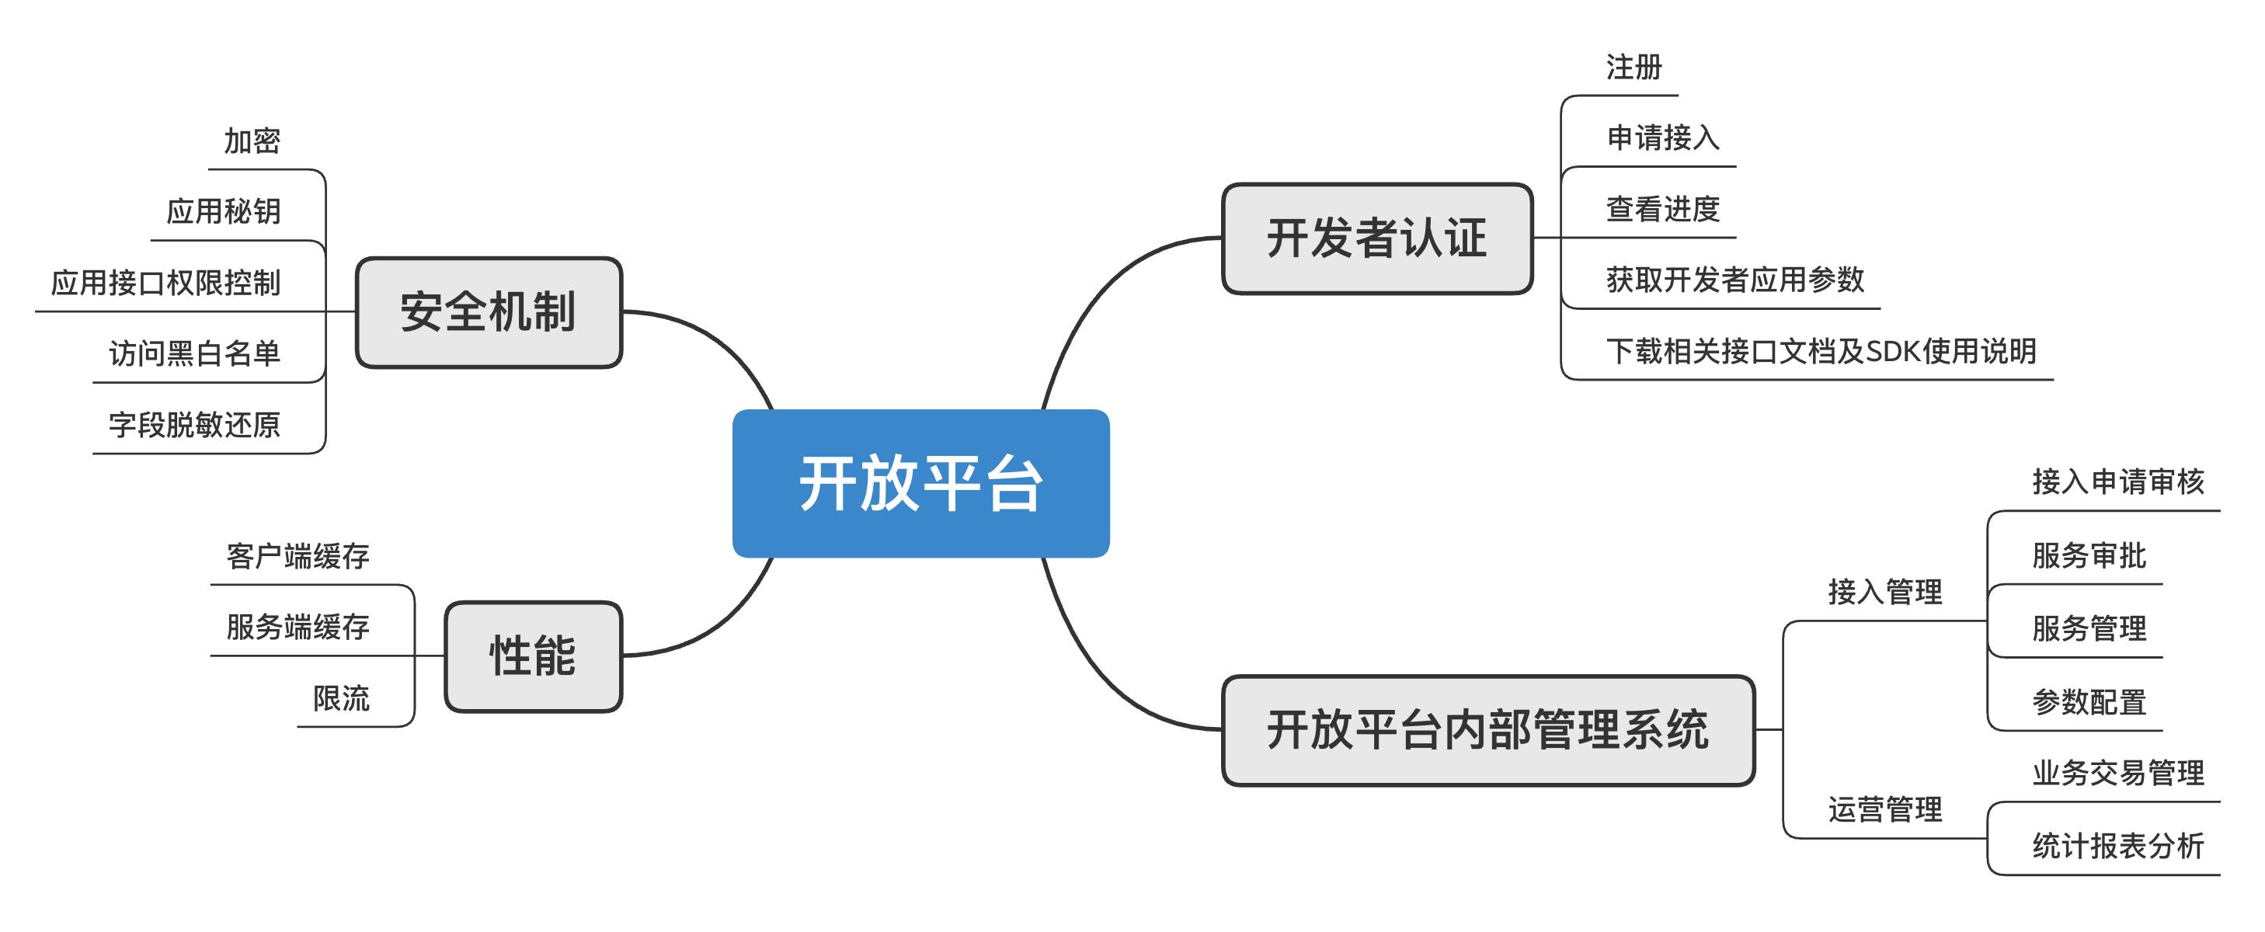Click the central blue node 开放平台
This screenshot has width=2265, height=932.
point(920,483)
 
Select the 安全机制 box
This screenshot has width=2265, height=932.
point(489,312)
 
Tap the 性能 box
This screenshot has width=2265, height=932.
point(533,656)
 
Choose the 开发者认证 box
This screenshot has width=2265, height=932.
point(1377,238)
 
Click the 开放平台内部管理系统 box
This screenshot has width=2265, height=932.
point(1487,730)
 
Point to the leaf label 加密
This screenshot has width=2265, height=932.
point(252,141)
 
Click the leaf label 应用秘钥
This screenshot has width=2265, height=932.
point(224,211)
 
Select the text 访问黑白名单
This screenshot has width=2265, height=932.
point(194,353)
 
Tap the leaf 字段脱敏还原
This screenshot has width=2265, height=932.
point(194,425)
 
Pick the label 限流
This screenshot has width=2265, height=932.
point(341,698)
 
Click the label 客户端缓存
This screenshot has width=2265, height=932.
point(297,555)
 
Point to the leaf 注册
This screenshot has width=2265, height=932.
point(1634,67)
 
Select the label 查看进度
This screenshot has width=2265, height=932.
point(1663,209)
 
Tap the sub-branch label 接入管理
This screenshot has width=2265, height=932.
point(1885,592)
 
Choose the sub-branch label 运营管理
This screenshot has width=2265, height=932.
point(1885,809)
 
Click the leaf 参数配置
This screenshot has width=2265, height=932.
point(2089,701)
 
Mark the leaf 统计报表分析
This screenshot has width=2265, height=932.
point(2118,846)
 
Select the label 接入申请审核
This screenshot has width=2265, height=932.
point(2118,481)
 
